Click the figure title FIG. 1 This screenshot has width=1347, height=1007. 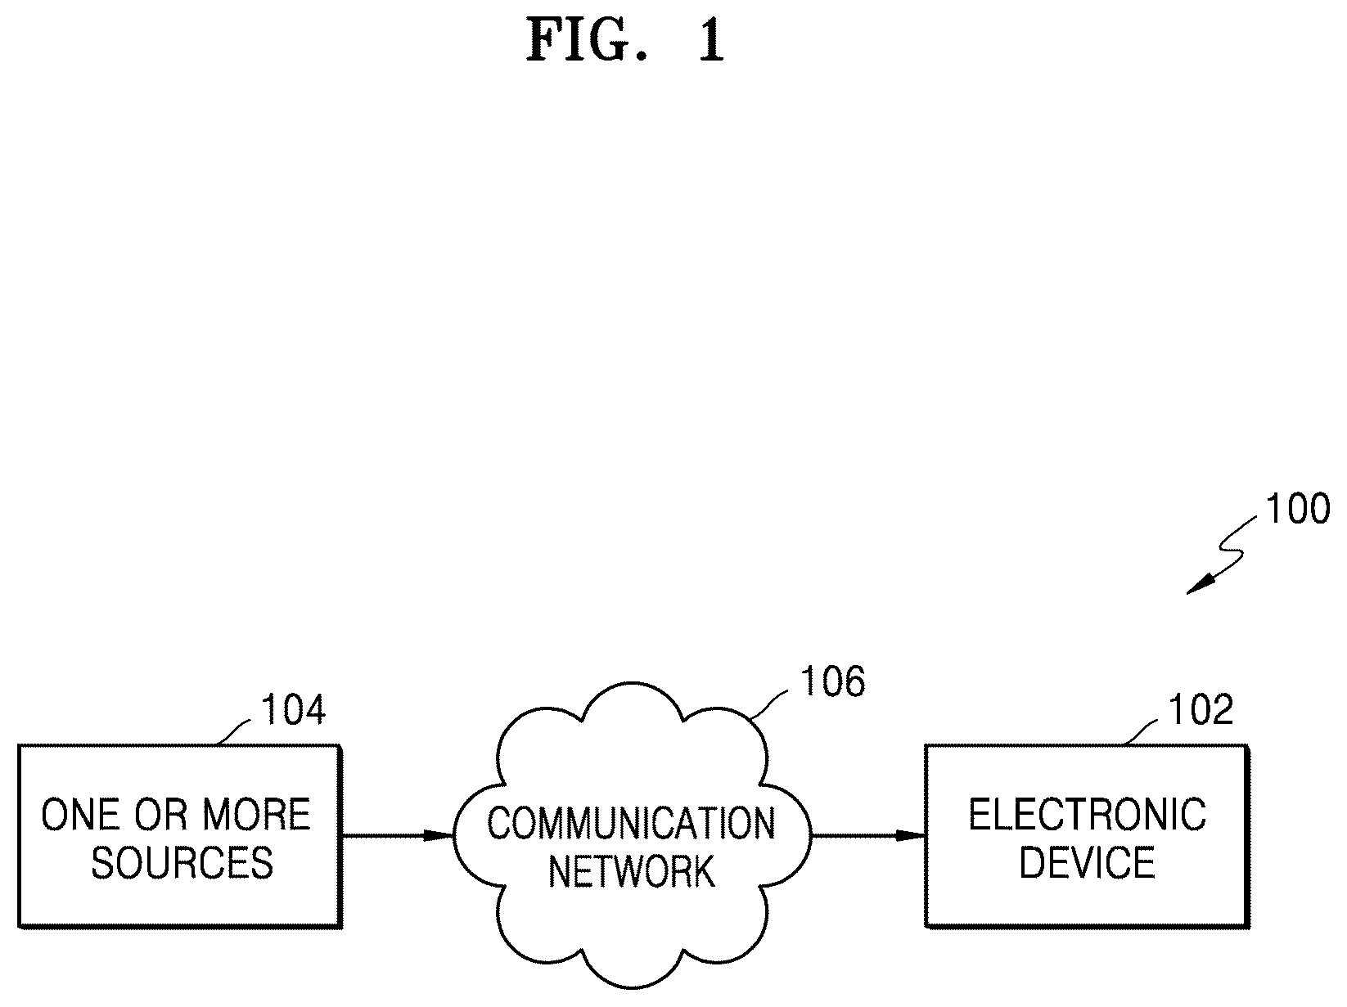pyautogui.click(x=625, y=41)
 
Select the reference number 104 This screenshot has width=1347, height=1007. pyautogui.click(x=293, y=709)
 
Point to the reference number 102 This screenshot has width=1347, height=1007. pyautogui.click(x=1201, y=709)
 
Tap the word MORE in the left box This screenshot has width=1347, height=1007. pyautogui.click(x=256, y=815)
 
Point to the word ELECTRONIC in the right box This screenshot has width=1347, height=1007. pyautogui.click(x=1088, y=815)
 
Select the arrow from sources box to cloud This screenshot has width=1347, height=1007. pyautogui.click(x=398, y=835)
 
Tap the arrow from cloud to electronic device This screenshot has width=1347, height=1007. pyautogui.click(x=868, y=835)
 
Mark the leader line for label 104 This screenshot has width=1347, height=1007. pyautogui.click(x=234, y=731)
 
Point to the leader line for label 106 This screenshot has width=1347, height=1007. pyautogui.click(x=769, y=704)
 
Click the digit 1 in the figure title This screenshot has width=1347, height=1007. pyautogui.click(x=712, y=41)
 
